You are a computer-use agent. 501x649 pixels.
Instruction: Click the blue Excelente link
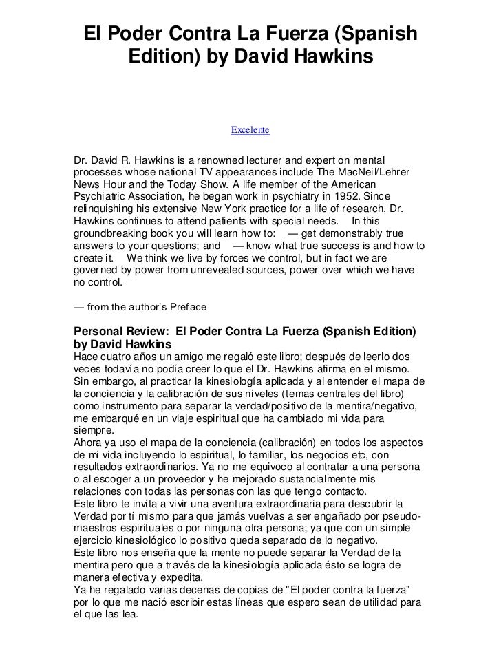(x=250, y=129)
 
